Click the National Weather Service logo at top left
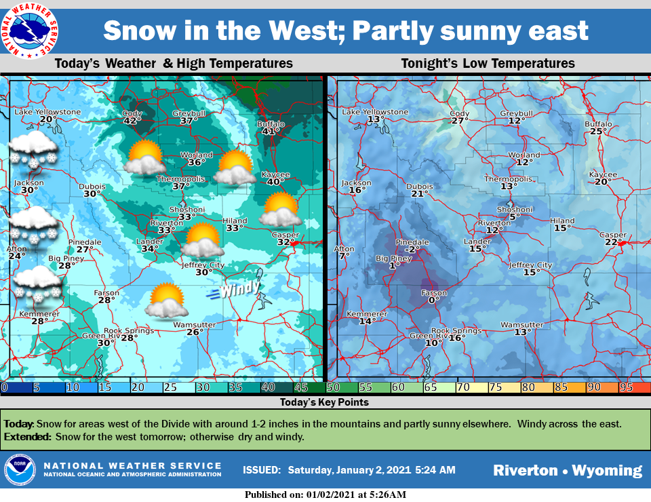(28, 28)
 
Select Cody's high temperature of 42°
(132, 121)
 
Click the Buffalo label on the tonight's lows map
(598, 124)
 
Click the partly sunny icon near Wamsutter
(166, 301)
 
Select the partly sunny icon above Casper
(280, 210)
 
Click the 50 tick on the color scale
(333, 387)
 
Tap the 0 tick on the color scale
(4, 387)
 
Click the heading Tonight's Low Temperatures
(488, 64)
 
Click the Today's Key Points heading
(325, 402)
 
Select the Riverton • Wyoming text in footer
(567, 470)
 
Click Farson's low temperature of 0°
(433, 299)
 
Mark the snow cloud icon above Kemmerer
(38, 284)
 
